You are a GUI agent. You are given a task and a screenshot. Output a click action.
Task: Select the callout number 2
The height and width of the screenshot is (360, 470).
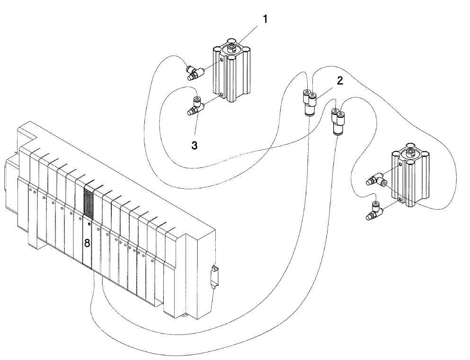coord(340,81)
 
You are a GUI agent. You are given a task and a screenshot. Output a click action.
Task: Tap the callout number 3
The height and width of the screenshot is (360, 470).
coord(194,146)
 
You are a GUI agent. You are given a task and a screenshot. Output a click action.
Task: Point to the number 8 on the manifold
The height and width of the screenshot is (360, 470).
coord(87,244)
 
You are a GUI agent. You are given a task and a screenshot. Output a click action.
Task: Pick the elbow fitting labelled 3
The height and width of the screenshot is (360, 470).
coord(195,108)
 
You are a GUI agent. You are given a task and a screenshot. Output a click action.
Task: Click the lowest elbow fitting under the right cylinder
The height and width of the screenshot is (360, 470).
coord(374,211)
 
